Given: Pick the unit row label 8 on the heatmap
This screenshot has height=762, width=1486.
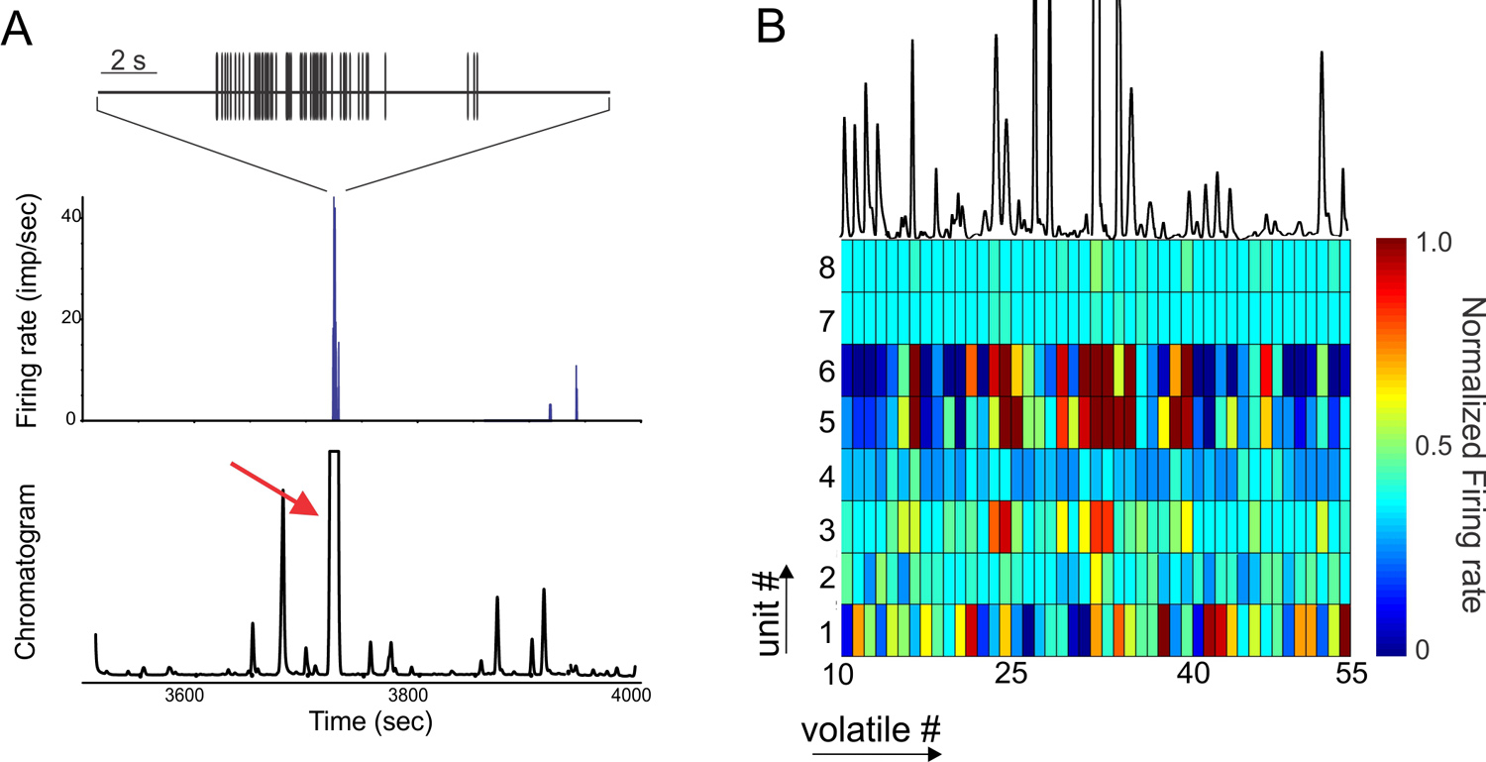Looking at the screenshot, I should pyautogui.click(x=815, y=267).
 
